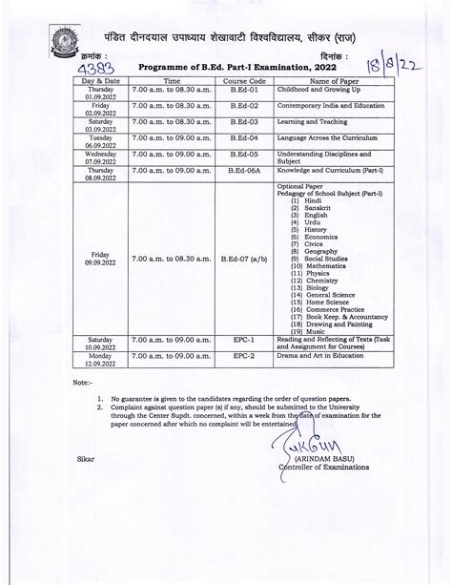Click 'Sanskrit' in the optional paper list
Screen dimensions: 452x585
(x=319, y=207)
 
